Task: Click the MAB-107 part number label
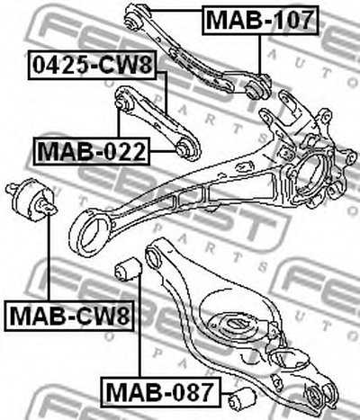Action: click(260, 20)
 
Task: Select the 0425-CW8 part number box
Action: click(92, 66)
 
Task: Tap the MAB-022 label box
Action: click(91, 151)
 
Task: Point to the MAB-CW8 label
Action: click(69, 316)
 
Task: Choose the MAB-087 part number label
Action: click(161, 392)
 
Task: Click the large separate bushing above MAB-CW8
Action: click(31, 200)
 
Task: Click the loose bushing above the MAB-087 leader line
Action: click(129, 269)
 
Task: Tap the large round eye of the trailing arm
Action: click(90, 232)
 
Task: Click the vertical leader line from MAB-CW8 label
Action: click(49, 257)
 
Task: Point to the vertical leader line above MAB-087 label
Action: click(139, 326)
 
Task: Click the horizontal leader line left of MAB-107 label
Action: click(175, 11)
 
